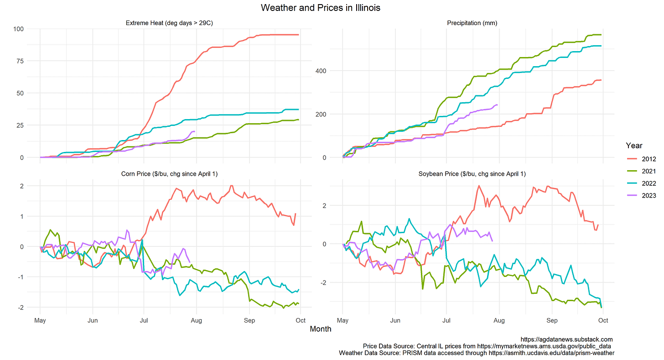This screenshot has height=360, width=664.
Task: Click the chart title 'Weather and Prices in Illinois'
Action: point(321,8)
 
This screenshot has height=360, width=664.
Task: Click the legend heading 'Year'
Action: point(634,146)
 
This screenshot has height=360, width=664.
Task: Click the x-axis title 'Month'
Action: point(321,329)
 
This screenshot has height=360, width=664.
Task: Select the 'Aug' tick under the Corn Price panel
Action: point(197,320)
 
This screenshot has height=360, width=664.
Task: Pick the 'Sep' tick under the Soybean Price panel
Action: point(552,320)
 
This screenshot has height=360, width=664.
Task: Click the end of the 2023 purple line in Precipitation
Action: point(498,105)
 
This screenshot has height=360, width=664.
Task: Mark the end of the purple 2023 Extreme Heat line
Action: point(195,131)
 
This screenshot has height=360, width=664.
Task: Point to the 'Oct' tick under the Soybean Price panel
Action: point(603,320)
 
